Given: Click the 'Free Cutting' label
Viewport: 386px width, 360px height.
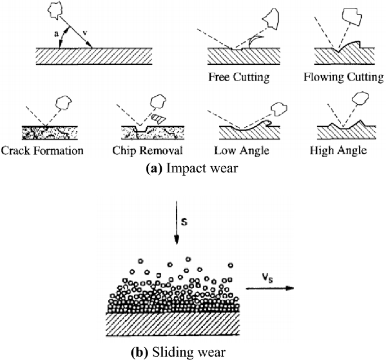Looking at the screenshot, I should pyautogui.click(x=238, y=75).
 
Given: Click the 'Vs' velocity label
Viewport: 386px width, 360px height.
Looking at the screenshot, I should pyautogui.click(x=268, y=277).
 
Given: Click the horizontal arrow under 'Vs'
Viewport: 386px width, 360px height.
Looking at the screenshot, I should pyautogui.click(x=269, y=288).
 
